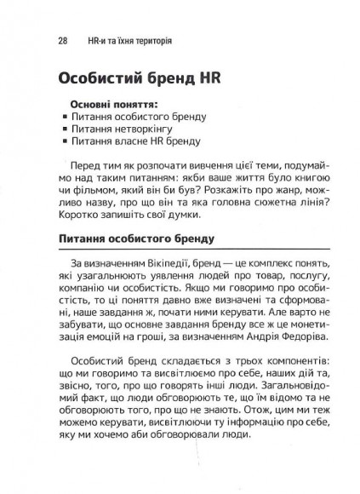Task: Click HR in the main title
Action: click(x=209, y=80)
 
